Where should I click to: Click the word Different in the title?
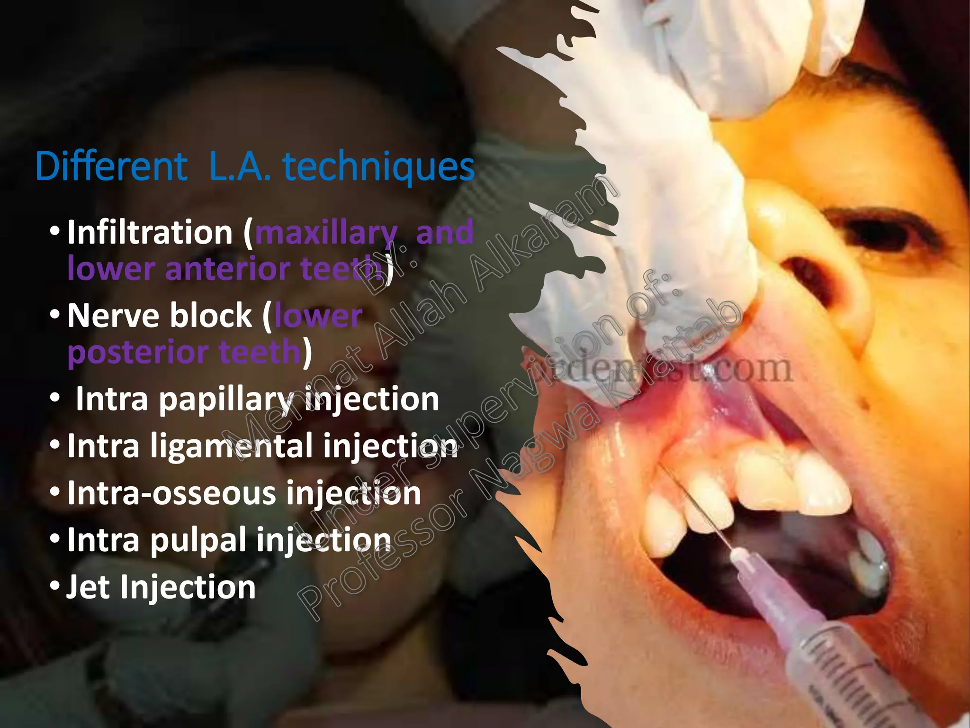(111, 167)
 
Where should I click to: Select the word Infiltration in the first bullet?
(150, 232)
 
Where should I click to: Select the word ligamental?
(231, 447)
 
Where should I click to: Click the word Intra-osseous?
(172, 493)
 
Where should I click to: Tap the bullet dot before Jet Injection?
(55, 587)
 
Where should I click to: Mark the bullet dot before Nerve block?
(55, 315)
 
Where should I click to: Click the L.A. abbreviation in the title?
(240, 167)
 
